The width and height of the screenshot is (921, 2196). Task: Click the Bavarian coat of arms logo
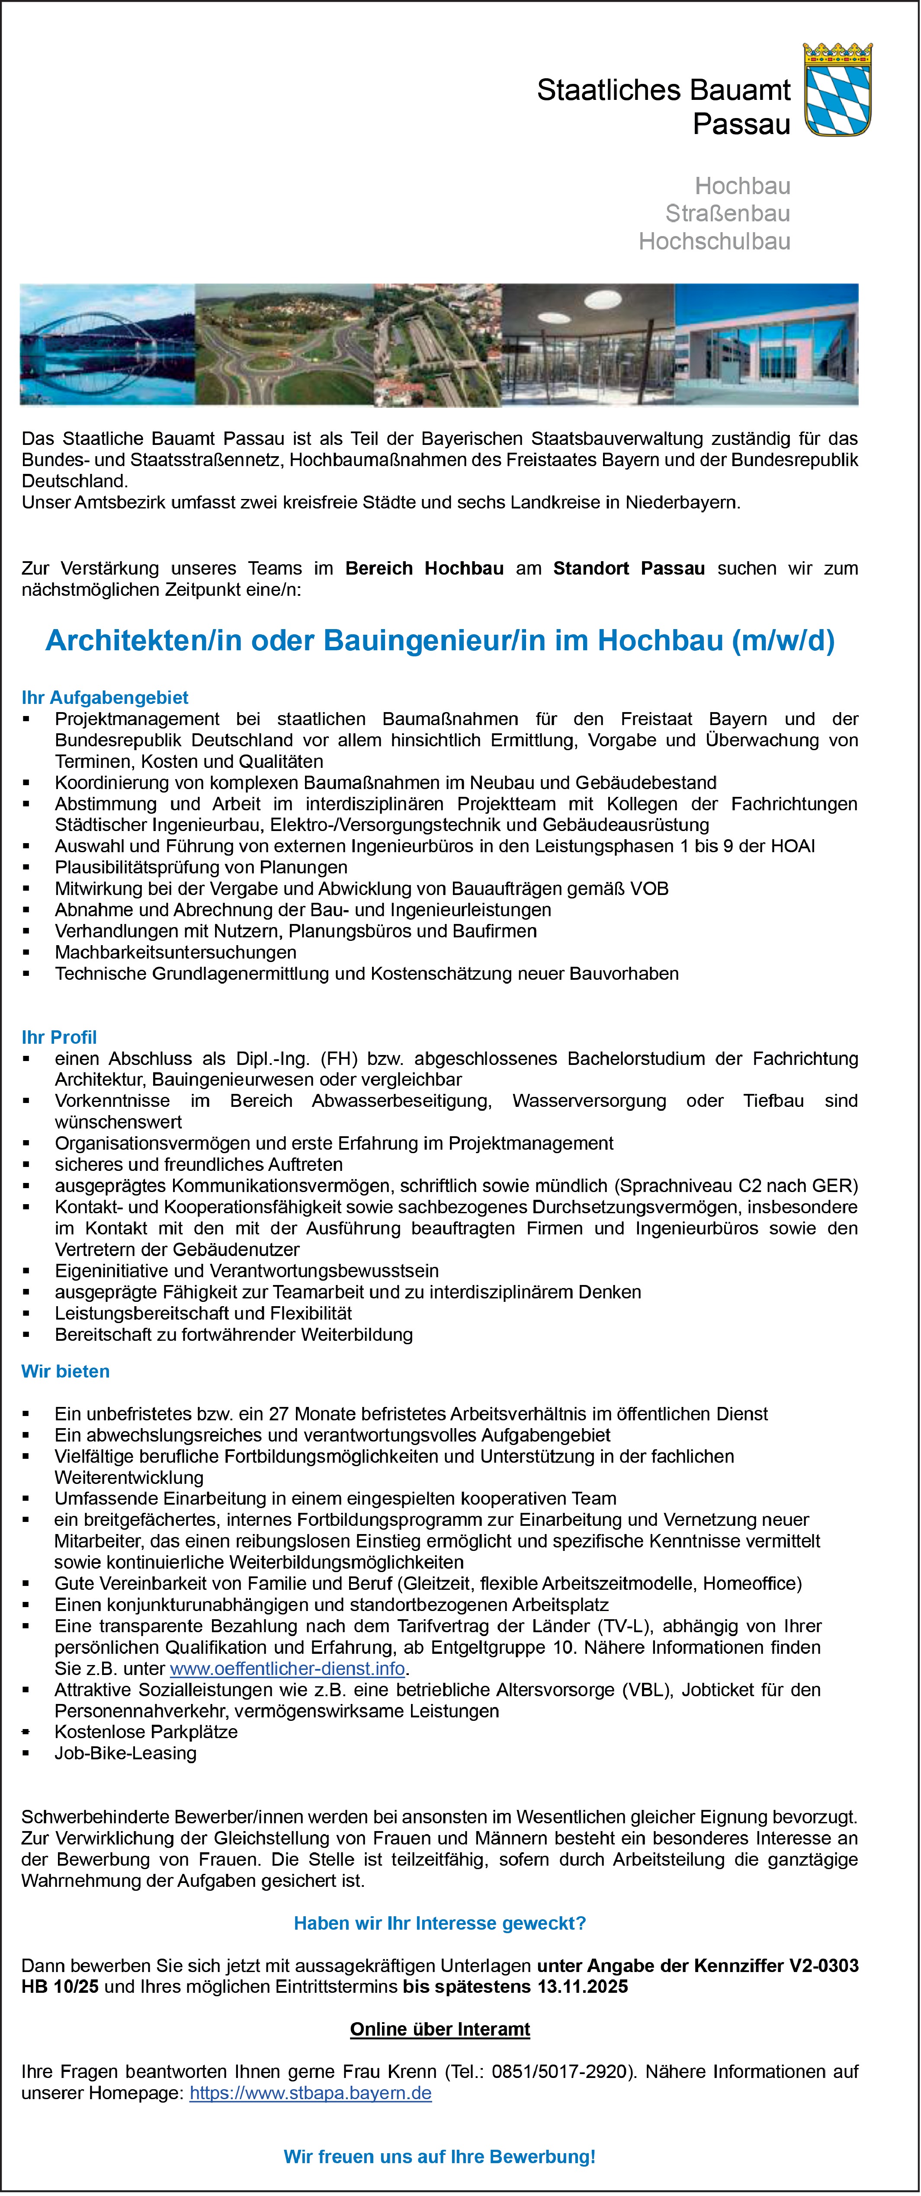pos(838,90)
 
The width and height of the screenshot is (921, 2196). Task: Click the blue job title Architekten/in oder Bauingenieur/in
pos(440,640)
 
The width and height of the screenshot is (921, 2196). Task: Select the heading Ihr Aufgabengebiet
pos(105,697)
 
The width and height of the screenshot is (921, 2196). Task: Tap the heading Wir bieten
pos(66,1371)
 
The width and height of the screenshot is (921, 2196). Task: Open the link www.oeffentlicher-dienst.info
pos(287,1669)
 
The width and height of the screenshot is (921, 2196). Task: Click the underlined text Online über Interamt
pos(440,2029)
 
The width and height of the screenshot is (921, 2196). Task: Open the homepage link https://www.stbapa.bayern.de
pos(311,2093)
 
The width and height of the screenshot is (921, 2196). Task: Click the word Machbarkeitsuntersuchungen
pos(176,952)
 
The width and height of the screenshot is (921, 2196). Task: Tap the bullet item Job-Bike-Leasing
pos(125,1753)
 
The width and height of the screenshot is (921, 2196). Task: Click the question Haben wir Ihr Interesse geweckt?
pos(440,1923)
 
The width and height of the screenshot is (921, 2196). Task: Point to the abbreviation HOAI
pos(793,846)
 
